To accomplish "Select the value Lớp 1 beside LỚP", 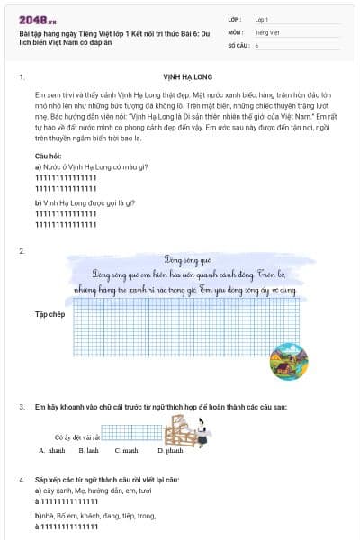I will [262, 19].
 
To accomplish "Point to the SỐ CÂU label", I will [238, 44].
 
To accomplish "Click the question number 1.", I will [21, 77].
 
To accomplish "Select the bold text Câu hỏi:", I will [49, 157].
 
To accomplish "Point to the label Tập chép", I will [50, 314].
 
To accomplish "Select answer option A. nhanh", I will [52, 450].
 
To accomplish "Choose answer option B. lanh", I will [88, 450].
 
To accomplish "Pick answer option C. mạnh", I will [126, 450].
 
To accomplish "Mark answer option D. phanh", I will [168, 450].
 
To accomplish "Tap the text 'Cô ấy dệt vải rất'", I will [76, 436].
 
